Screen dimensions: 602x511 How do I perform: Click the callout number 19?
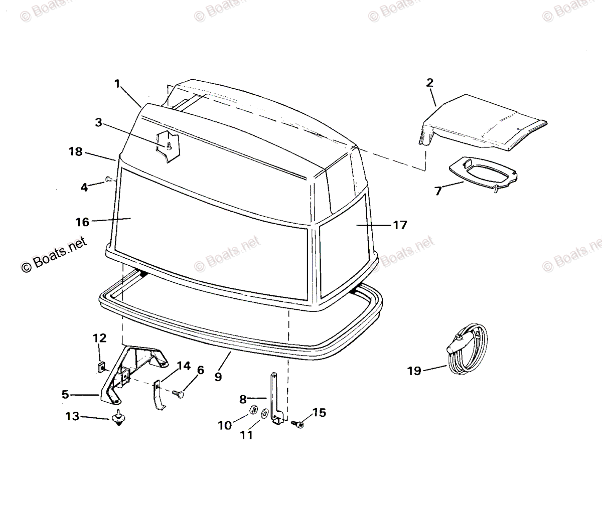point(414,372)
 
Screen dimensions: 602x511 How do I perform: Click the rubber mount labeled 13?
point(118,417)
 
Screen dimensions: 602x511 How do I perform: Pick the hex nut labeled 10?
point(254,409)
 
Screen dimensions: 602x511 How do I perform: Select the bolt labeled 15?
point(297,424)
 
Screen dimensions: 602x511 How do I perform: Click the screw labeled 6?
point(178,394)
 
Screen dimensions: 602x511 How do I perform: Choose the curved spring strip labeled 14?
point(159,396)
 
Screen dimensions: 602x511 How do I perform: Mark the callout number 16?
point(82,222)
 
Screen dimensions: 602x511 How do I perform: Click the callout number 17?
point(400,225)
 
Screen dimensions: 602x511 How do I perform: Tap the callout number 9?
point(218,377)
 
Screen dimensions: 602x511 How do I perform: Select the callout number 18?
point(76,151)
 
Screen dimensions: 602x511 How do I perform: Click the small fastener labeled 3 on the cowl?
point(169,146)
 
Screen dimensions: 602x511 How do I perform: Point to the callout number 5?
point(65,395)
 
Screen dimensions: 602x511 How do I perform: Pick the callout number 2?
point(430,83)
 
